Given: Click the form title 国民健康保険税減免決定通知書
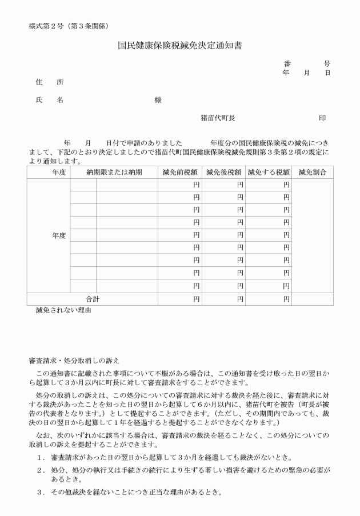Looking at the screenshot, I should [x=180, y=44].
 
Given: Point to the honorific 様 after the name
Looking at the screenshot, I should [x=158, y=100].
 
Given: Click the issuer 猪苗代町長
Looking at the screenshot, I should [x=218, y=118].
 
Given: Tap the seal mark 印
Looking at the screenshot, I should [x=322, y=118].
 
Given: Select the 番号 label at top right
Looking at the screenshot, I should [x=307, y=63].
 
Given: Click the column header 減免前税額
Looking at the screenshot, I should [x=180, y=172].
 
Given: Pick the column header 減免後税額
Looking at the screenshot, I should [x=224, y=172].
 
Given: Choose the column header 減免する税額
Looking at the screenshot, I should [x=270, y=172].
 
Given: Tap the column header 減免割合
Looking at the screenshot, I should [x=312, y=172].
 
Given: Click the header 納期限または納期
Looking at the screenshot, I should [x=114, y=172].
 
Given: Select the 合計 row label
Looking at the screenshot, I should [x=93, y=299].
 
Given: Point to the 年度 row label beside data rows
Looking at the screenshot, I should [x=59, y=235].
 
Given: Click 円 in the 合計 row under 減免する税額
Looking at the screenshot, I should [x=286, y=299].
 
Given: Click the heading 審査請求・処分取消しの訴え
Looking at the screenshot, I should [x=74, y=361].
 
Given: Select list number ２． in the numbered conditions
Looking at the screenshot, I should [x=41, y=470].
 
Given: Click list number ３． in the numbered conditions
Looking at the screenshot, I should [x=41, y=493].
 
